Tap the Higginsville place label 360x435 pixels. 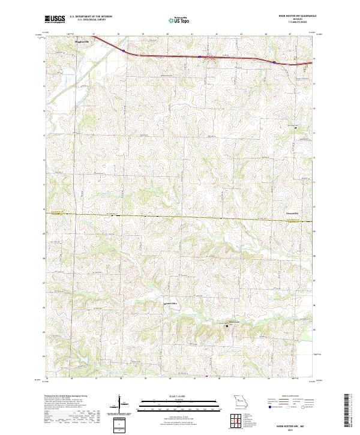pos(82,42)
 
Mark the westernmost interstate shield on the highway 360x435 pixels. pos(124,53)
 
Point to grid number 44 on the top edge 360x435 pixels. pos(266,34)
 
